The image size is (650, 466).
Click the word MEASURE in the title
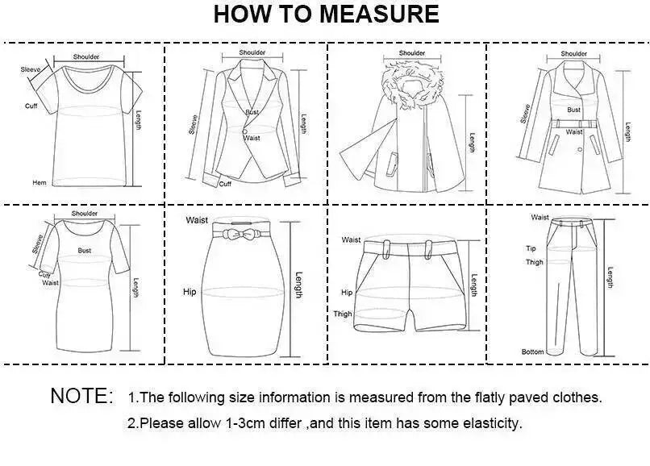click(379, 14)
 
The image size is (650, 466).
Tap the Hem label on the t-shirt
click(40, 182)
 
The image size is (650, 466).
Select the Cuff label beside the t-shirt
click(31, 106)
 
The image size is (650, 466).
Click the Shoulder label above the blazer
click(252, 52)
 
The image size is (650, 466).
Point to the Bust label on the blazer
click(252, 112)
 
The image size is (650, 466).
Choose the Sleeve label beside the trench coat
click(525, 114)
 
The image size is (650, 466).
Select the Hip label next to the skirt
click(190, 292)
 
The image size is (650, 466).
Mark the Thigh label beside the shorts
click(343, 314)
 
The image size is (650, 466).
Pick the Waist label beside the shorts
click(351, 239)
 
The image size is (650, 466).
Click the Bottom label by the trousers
click(532, 352)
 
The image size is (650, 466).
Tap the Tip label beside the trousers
click(531, 248)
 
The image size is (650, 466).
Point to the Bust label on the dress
click(84, 251)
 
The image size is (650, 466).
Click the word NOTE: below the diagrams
click(81, 396)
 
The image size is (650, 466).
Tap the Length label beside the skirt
click(299, 285)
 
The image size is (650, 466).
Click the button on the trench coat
click(580, 150)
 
